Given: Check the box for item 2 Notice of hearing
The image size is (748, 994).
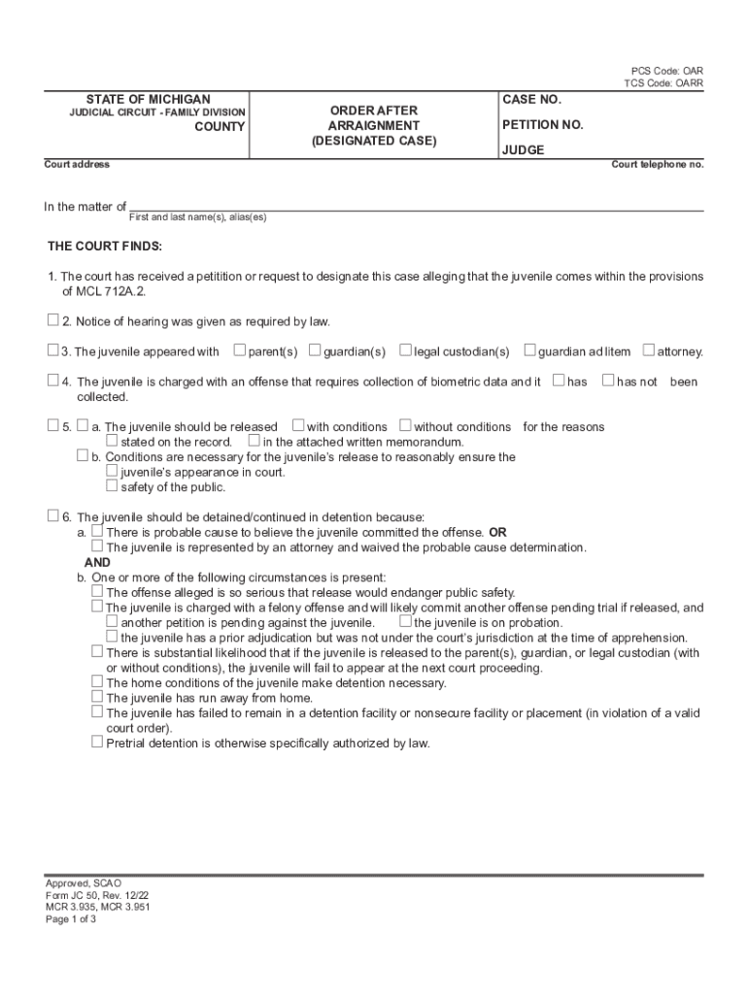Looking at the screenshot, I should (x=53, y=320).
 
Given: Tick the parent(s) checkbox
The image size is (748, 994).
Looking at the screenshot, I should (x=239, y=349).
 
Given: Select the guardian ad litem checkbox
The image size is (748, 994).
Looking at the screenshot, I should (x=530, y=349).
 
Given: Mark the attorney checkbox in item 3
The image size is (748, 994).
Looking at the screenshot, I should (x=649, y=349).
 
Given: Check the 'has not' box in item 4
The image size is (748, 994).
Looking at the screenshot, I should (x=608, y=381).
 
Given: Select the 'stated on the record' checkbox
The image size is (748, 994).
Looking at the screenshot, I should (x=112, y=441).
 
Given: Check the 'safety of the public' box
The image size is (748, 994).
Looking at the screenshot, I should (x=112, y=486).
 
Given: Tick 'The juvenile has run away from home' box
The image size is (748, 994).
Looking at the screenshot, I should (x=97, y=696).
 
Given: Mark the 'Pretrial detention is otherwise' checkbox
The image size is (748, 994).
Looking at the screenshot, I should (x=97, y=742).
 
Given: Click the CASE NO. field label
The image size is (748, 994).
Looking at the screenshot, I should (x=531, y=100).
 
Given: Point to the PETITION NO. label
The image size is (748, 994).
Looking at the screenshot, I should (x=542, y=125).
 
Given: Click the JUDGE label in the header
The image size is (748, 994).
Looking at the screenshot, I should (x=523, y=150).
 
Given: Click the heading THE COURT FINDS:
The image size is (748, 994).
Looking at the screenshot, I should (x=105, y=246).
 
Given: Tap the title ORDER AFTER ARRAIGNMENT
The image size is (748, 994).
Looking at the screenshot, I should (x=374, y=118).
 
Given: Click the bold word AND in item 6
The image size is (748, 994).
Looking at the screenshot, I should (x=97, y=562).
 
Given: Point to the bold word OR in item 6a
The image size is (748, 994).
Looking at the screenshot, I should (x=497, y=532).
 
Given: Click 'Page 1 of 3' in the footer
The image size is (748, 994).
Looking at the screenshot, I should (x=71, y=919).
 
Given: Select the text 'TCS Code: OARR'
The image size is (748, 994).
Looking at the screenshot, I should (x=663, y=83).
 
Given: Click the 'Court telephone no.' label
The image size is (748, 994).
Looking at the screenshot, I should (x=657, y=164).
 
